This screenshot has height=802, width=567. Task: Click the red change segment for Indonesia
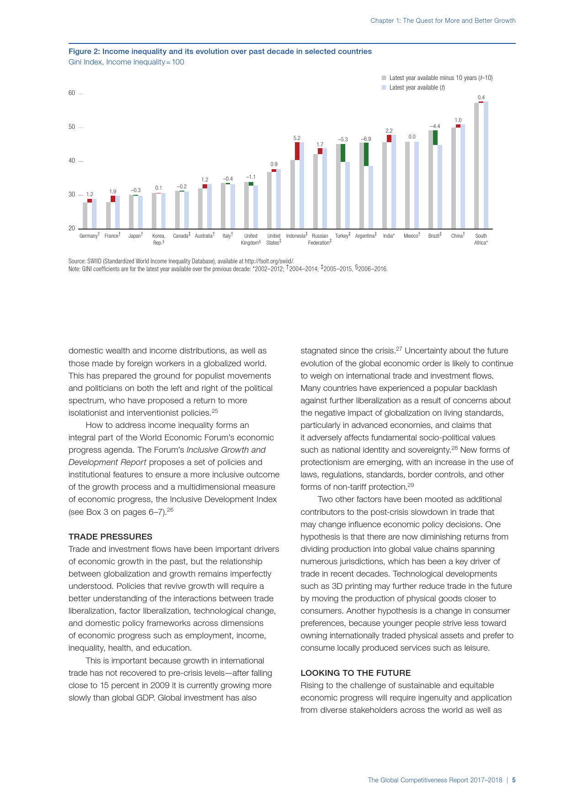coord(297,151)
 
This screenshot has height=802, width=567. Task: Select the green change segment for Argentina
coord(366,154)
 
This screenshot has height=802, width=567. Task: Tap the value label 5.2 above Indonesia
coord(297,138)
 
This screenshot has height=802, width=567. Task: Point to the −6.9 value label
coord(366,139)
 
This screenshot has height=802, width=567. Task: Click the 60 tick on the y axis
coord(72,93)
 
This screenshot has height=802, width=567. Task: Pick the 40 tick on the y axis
coord(72,161)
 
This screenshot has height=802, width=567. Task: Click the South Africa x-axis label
coord(481,239)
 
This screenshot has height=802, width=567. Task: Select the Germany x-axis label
coord(89,236)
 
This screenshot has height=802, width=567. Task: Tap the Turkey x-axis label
coord(342,236)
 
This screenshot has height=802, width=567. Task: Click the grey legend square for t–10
coord(384,78)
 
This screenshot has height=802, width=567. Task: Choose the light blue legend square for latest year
coord(384,87)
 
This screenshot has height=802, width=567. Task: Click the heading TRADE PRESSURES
coord(110,537)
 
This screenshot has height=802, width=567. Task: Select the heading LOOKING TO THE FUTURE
coord(355,673)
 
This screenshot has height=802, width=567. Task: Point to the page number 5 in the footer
coord(514,780)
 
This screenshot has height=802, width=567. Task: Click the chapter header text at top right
coord(443,21)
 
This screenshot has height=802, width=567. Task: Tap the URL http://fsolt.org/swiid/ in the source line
coord(269,262)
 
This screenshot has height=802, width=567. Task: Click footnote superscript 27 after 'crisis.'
coord(399,349)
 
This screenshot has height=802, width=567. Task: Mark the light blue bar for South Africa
coord(486,165)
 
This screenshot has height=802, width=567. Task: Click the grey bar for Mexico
coord(407,185)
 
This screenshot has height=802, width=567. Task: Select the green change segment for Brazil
coord(435,138)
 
